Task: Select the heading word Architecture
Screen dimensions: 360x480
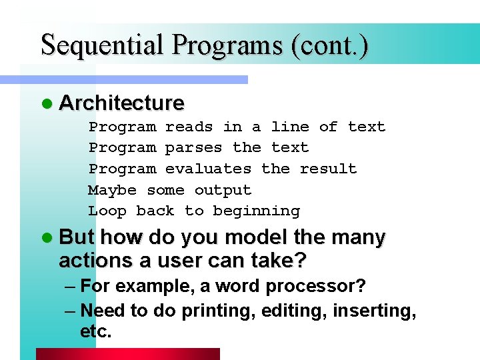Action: point(121,103)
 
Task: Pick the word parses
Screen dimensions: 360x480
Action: point(194,147)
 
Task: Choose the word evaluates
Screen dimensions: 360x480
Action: point(208,169)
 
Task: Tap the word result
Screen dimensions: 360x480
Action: point(328,169)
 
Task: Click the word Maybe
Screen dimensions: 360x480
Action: point(112,190)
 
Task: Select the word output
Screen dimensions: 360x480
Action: point(223,190)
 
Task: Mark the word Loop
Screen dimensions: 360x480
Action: point(107,211)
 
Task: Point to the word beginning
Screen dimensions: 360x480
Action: point(256,211)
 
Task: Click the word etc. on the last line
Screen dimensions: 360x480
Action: point(95,331)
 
